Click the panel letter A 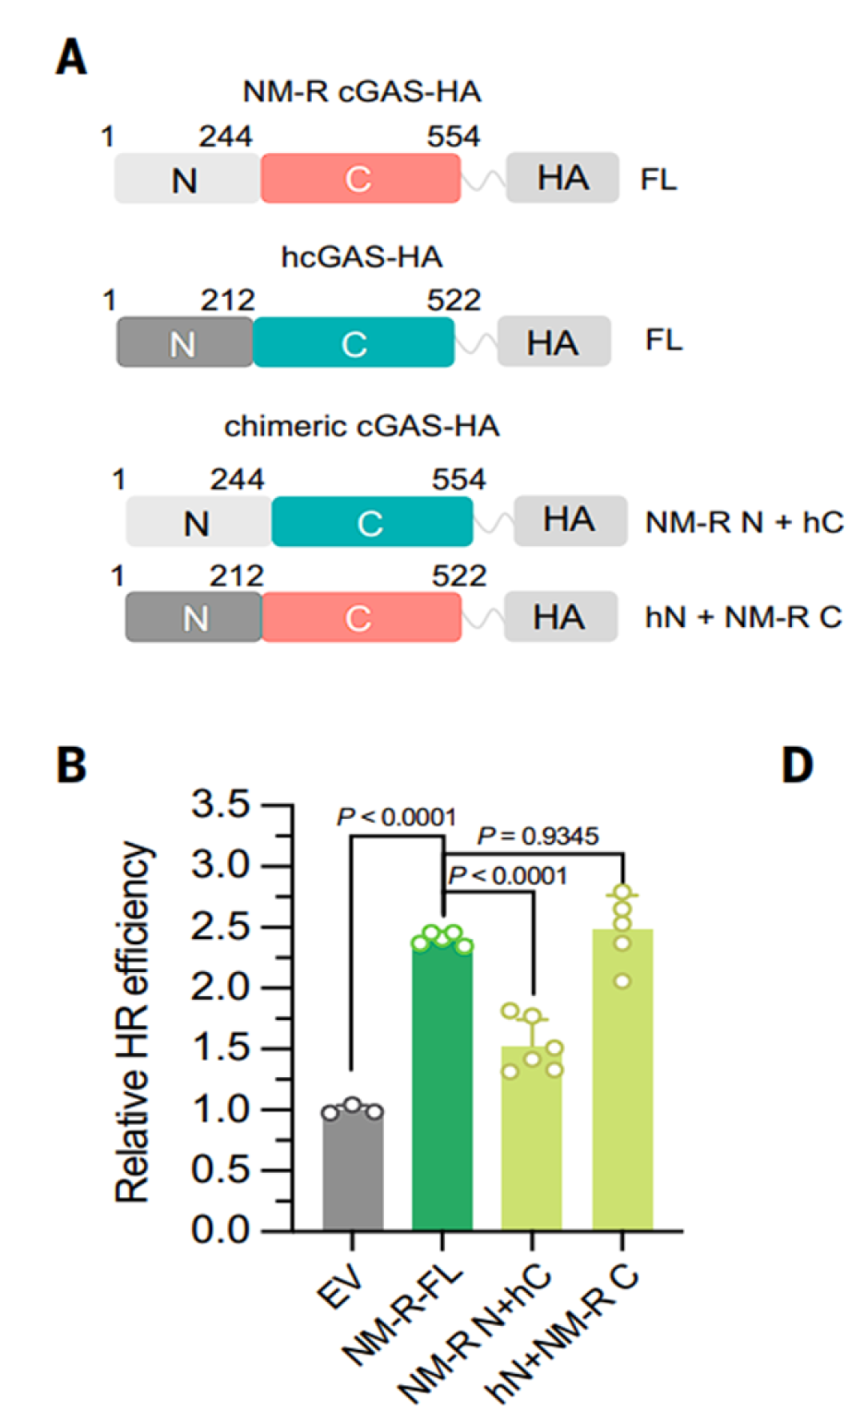click(x=71, y=58)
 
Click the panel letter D click(x=797, y=765)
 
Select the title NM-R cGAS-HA click(x=362, y=92)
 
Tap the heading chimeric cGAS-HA click(x=362, y=426)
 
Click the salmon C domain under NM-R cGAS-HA click(x=361, y=178)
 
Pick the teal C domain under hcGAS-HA click(x=354, y=343)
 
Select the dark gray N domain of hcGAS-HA click(x=185, y=343)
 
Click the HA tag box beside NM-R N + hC click(x=570, y=520)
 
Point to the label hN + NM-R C click(x=743, y=617)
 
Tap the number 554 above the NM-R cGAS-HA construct click(x=454, y=136)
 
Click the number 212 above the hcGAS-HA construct click(x=227, y=301)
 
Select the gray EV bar click(x=353, y=1170)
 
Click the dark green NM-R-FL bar click(x=442, y=1086)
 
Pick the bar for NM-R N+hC click(x=532, y=1139)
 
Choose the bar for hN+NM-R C click(x=622, y=1080)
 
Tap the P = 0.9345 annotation click(x=538, y=837)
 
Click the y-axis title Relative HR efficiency click(x=132, y=1022)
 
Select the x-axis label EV click(x=340, y=1286)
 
